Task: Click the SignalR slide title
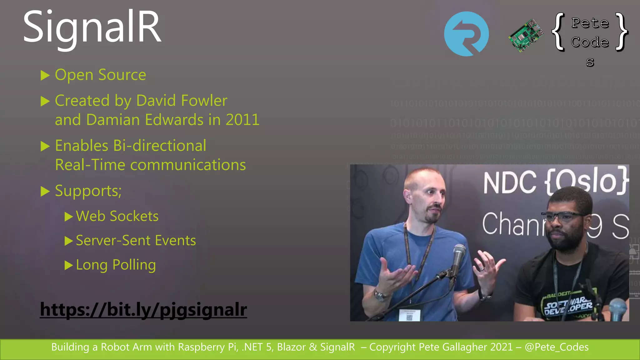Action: (92, 27)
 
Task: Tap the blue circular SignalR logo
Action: (466, 34)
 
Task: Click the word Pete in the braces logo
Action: (590, 23)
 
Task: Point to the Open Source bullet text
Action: (100, 75)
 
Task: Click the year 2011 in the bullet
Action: (242, 120)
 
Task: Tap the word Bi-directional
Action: (159, 146)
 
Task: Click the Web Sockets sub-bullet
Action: (117, 216)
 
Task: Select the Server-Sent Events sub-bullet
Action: (136, 241)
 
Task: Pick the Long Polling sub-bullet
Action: (116, 265)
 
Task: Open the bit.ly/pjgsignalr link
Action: (143, 309)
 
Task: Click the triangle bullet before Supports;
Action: (45, 191)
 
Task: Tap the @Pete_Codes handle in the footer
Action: (557, 347)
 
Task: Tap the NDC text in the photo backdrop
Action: (509, 182)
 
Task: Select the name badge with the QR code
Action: (409, 315)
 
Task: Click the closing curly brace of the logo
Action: (622, 31)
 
